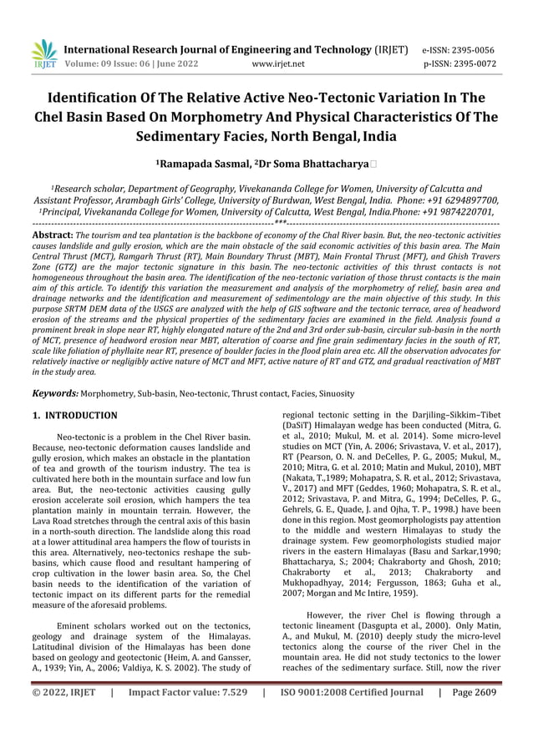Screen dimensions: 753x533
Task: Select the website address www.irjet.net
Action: point(278,63)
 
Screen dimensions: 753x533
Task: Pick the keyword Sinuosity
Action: point(332,392)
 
